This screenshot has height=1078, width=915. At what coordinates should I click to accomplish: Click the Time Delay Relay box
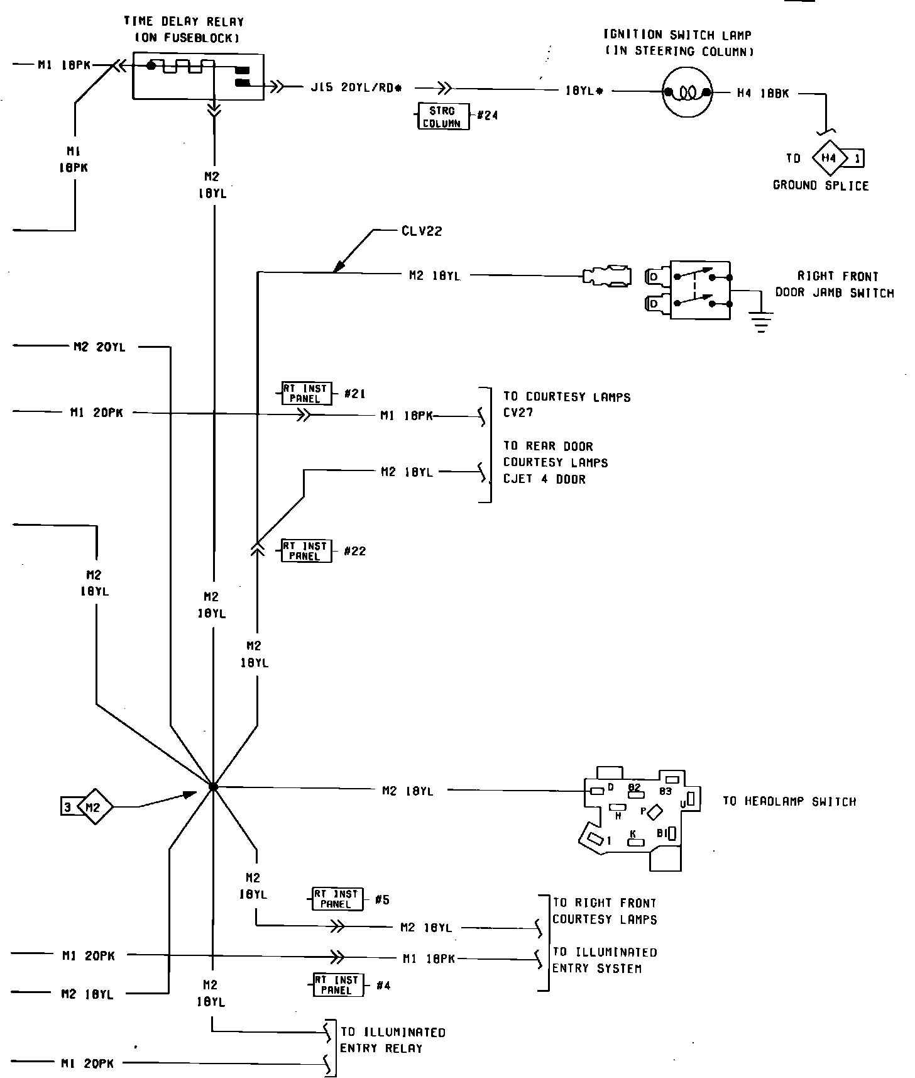coord(198,76)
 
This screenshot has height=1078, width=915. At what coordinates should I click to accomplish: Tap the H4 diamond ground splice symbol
coord(829,158)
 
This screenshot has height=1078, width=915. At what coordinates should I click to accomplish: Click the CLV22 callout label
coord(422,231)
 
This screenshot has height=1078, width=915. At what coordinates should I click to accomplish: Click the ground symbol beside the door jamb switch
coord(761,321)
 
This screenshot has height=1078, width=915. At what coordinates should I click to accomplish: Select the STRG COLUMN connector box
coord(443,116)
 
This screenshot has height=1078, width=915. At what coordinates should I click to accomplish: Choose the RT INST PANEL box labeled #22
coord(305,551)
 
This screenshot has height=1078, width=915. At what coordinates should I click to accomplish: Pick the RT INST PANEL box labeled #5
coord(337,899)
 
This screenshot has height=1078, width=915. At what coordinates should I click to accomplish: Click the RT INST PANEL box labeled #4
coord(337,985)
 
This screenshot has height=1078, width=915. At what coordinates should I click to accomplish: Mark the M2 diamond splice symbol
coord(93,807)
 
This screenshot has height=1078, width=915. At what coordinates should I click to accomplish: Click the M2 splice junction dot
coord(213,787)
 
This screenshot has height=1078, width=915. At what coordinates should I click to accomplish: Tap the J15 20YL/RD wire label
coord(356,88)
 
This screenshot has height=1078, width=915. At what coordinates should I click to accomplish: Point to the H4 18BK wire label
coord(762,94)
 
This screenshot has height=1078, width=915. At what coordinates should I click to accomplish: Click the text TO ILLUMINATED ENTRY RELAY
coord(392,1040)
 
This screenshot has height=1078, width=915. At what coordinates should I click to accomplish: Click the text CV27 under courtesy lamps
coord(518,414)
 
